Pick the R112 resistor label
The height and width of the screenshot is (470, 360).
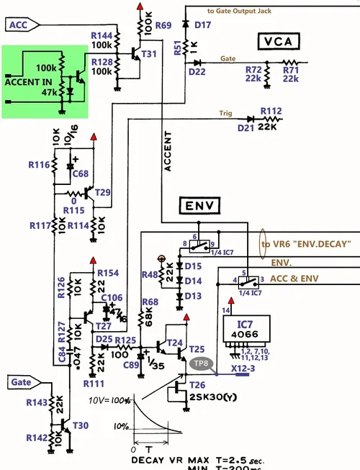271,110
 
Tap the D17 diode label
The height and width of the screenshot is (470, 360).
203,25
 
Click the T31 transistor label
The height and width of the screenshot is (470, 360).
150,54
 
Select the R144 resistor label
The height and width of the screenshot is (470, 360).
102,35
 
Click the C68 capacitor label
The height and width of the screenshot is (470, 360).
80,173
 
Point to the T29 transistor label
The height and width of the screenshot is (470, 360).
102,192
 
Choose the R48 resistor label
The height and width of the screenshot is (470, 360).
150,274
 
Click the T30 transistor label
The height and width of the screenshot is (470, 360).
81,425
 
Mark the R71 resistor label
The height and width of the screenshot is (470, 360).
290,70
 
